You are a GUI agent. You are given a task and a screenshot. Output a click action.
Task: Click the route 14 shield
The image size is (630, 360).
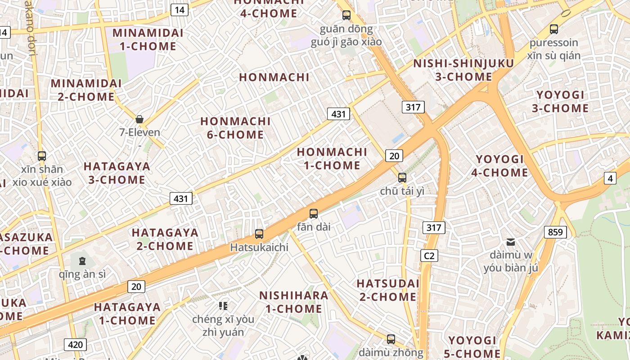click(x=179, y=10)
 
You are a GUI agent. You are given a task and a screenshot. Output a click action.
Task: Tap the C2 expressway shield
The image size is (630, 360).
click(x=429, y=256)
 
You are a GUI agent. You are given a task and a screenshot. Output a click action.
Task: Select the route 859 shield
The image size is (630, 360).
click(x=555, y=232)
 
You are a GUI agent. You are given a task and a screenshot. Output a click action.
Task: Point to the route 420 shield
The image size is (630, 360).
click(x=75, y=345)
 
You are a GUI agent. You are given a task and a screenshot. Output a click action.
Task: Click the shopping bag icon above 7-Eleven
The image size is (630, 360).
click(x=139, y=119)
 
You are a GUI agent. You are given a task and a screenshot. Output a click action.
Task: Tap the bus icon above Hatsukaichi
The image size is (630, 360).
click(x=259, y=234)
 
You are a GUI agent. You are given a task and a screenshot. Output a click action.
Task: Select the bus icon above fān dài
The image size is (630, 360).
click(x=314, y=213)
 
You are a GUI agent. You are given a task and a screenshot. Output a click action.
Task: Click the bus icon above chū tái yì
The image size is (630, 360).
click(x=402, y=177)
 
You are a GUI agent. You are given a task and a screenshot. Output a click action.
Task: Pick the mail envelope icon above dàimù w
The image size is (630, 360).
click(x=511, y=242)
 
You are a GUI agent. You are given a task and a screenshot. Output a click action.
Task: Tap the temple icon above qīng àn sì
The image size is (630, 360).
click(x=82, y=261)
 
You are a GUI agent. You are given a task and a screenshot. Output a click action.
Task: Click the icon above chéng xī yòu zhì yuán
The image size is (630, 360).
click(x=223, y=306)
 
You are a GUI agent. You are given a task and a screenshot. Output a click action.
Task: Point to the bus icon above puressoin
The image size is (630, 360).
click(x=554, y=29)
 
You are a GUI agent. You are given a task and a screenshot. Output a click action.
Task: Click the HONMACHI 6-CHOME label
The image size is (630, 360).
click(x=235, y=128)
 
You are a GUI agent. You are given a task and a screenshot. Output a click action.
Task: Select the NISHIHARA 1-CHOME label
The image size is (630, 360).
click(x=294, y=302)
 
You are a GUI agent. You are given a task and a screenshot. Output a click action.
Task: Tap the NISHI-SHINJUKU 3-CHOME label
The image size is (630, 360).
click(x=463, y=70)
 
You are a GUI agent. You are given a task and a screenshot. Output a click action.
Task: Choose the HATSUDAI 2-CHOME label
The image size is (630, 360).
click(x=388, y=290)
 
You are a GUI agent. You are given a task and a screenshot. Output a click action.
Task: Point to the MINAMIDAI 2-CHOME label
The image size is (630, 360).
click(x=86, y=90)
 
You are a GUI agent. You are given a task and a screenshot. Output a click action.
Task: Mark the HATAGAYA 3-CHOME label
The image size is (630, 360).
click(x=117, y=173)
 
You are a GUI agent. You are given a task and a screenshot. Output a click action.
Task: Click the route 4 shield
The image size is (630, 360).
click(x=610, y=178)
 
